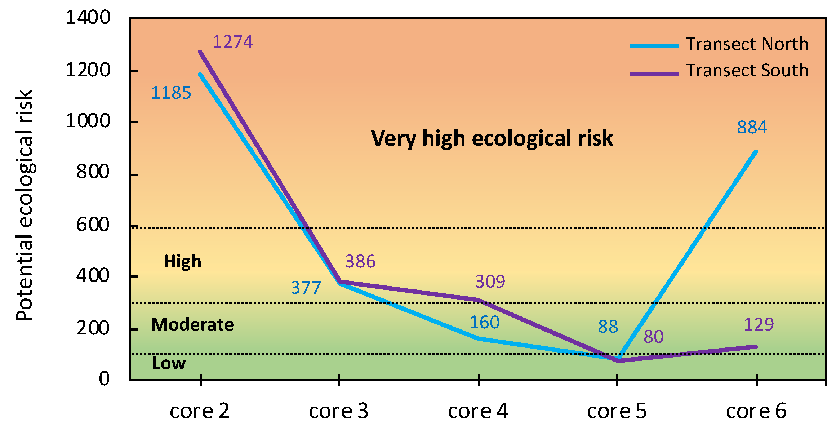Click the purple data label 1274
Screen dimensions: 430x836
click(233, 42)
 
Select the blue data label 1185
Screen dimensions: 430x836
click(171, 93)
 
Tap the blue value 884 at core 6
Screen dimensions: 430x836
click(752, 127)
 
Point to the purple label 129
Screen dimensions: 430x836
click(759, 325)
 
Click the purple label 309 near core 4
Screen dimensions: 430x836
click(490, 282)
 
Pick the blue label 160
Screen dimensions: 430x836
click(484, 323)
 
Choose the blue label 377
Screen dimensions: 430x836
click(306, 288)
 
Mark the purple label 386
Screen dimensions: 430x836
click(360, 261)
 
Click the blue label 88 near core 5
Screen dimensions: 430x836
click(608, 327)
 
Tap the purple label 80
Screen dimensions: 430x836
click(653, 337)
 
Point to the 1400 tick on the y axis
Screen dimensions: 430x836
click(88, 17)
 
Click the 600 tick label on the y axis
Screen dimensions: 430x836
click(93, 225)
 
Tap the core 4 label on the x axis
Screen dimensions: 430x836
click(478, 411)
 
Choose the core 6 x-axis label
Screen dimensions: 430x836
click(756, 411)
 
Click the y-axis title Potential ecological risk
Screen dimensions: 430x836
click(25, 205)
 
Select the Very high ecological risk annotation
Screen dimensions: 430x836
click(492, 138)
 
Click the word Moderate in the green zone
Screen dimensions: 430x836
click(192, 325)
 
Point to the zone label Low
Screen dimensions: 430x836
click(169, 363)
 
